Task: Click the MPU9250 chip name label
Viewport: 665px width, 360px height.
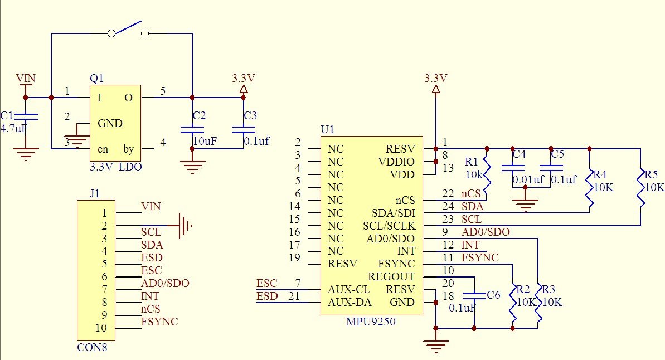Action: pos(371,322)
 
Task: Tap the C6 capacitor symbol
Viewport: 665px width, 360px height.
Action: pos(474,295)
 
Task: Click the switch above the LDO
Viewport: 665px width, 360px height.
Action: pos(129,31)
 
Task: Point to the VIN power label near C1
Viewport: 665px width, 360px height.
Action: pos(25,78)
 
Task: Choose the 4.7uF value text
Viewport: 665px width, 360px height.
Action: pos(14,129)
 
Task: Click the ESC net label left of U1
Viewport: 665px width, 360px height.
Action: pos(266,283)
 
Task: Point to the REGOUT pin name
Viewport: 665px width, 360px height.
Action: pos(391,277)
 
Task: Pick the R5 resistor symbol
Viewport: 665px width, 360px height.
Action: pos(642,188)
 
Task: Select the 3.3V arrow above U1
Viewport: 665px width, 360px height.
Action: pos(435,89)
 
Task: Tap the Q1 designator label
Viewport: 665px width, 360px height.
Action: pos(96,79)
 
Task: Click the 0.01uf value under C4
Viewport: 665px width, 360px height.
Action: pos(528,180)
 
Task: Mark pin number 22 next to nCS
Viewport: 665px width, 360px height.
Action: pos(448,193)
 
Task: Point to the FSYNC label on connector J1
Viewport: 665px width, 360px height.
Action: pos(159,322)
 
